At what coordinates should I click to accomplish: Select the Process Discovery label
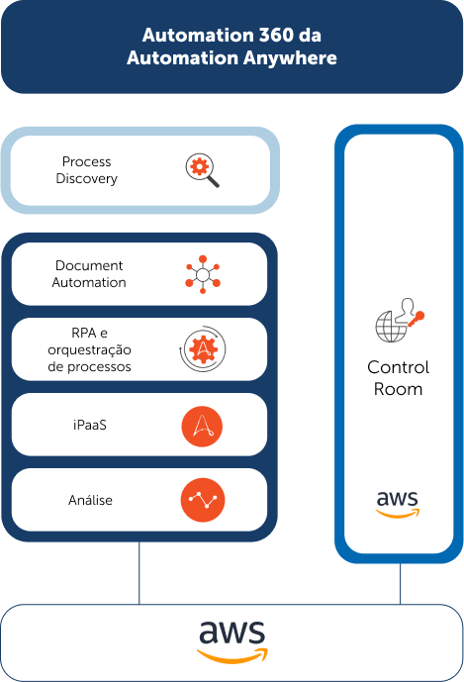click(x=86, y=170)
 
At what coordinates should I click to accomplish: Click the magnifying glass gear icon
click(x=202, y=170)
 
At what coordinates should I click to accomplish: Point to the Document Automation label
click(x=89, y=274)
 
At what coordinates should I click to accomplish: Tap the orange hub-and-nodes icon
click(x=203, y=274)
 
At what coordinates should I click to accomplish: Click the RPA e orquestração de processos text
click(x=89, y=349)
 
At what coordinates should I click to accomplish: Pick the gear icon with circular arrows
click(x=203, y=348)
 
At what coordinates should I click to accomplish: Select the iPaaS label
click(x=90, y=425)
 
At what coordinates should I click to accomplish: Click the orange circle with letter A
click(x=202, y=427)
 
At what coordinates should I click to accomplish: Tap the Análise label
click(x=90, y=500)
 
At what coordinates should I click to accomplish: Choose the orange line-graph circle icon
click(x=203, y=500)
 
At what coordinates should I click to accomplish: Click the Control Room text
click(x=398, y=378)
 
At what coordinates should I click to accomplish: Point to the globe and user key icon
click(x=400, y=320)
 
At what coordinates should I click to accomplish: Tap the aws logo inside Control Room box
click(x=398, y=504)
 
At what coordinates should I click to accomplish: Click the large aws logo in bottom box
click(x=232, y=641)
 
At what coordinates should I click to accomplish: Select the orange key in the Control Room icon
click(x=417, y=319)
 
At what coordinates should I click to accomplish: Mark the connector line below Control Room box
click(x=400, y=584)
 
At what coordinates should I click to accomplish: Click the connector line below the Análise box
click(x=139, y=573)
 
